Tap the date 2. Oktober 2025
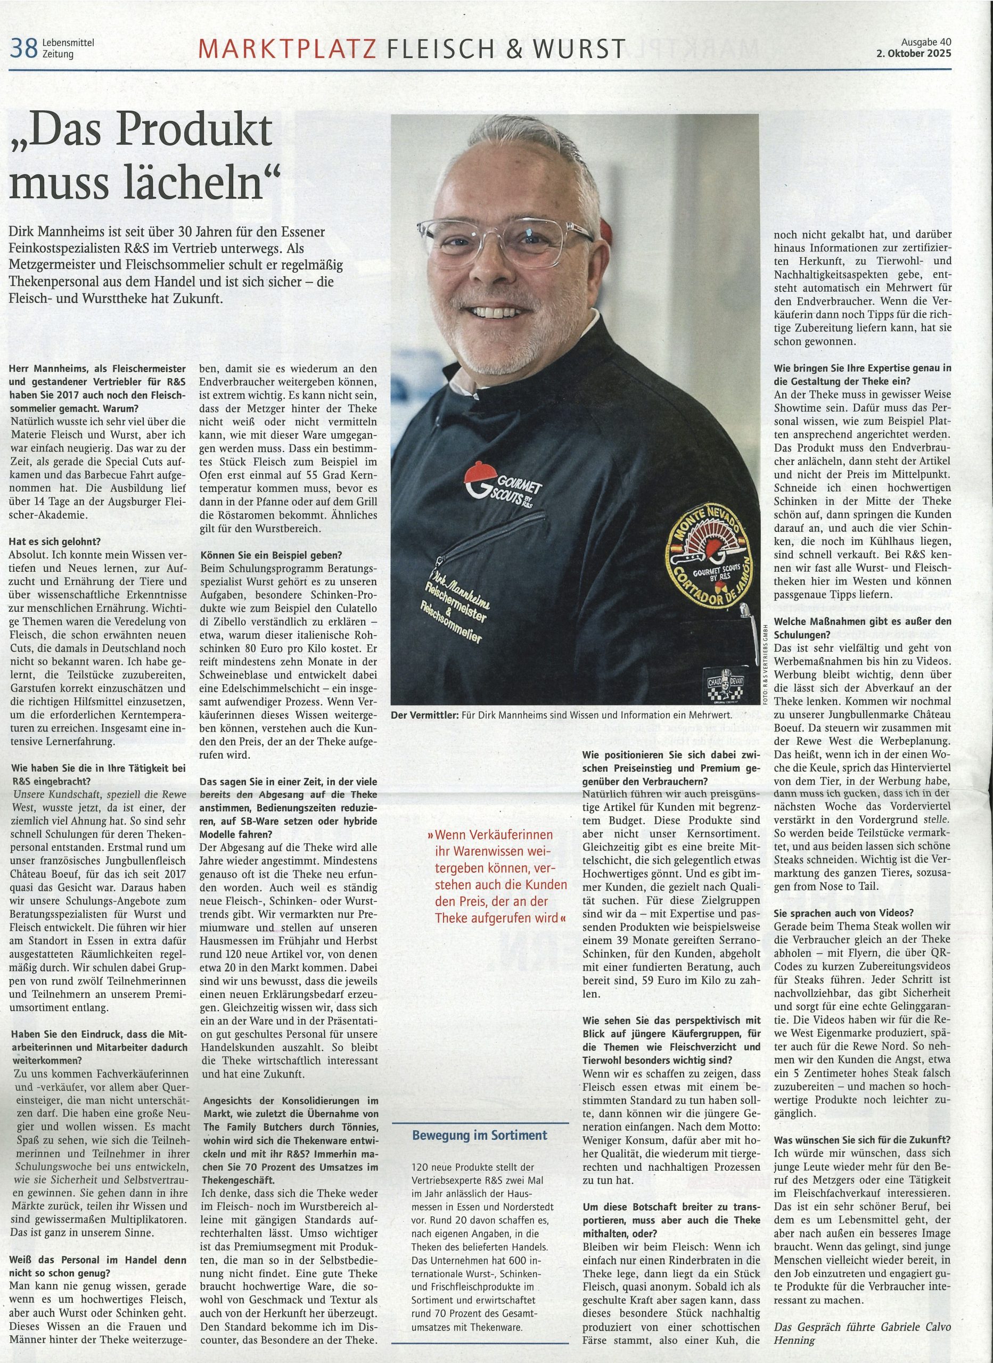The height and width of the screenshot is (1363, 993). point(914,53)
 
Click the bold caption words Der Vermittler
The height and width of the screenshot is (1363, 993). point(424,715)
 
